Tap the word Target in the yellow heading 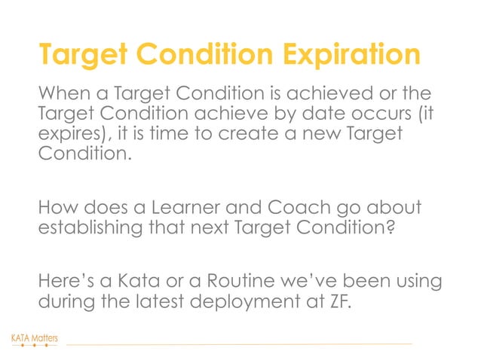click(x=77, y=55)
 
